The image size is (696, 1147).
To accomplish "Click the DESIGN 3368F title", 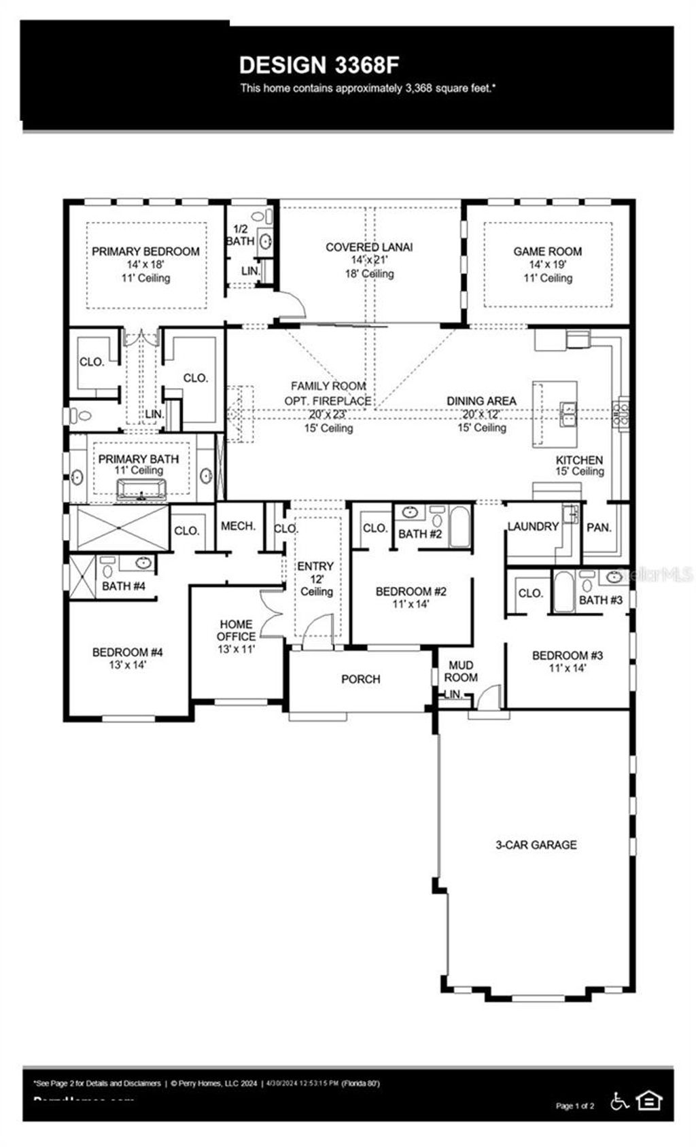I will (319, 65).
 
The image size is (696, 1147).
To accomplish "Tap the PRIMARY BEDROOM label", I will (145, 251).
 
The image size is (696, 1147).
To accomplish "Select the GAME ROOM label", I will (547, 251).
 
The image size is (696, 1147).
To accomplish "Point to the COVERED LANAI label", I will (368, 247).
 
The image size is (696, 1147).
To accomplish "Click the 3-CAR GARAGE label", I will (536, 845).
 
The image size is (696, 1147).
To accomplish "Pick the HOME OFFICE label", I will (237, 630).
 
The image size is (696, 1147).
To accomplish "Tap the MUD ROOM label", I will (461, 671).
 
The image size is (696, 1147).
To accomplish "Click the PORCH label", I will (360, 679).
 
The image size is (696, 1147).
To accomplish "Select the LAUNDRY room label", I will (533, 526).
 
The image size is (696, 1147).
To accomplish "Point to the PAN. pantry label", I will (599, 527).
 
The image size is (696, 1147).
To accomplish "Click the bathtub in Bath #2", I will (460, 527).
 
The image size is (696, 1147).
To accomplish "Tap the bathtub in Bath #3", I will (563, 593).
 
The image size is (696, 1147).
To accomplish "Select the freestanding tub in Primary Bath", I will (141, 489).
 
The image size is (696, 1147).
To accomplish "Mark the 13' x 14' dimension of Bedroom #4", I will (127, 665).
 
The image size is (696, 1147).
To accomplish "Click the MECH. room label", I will (239, 526).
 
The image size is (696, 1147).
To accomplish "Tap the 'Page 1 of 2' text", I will (575, 1106).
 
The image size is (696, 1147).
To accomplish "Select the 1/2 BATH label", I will (240, 235).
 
